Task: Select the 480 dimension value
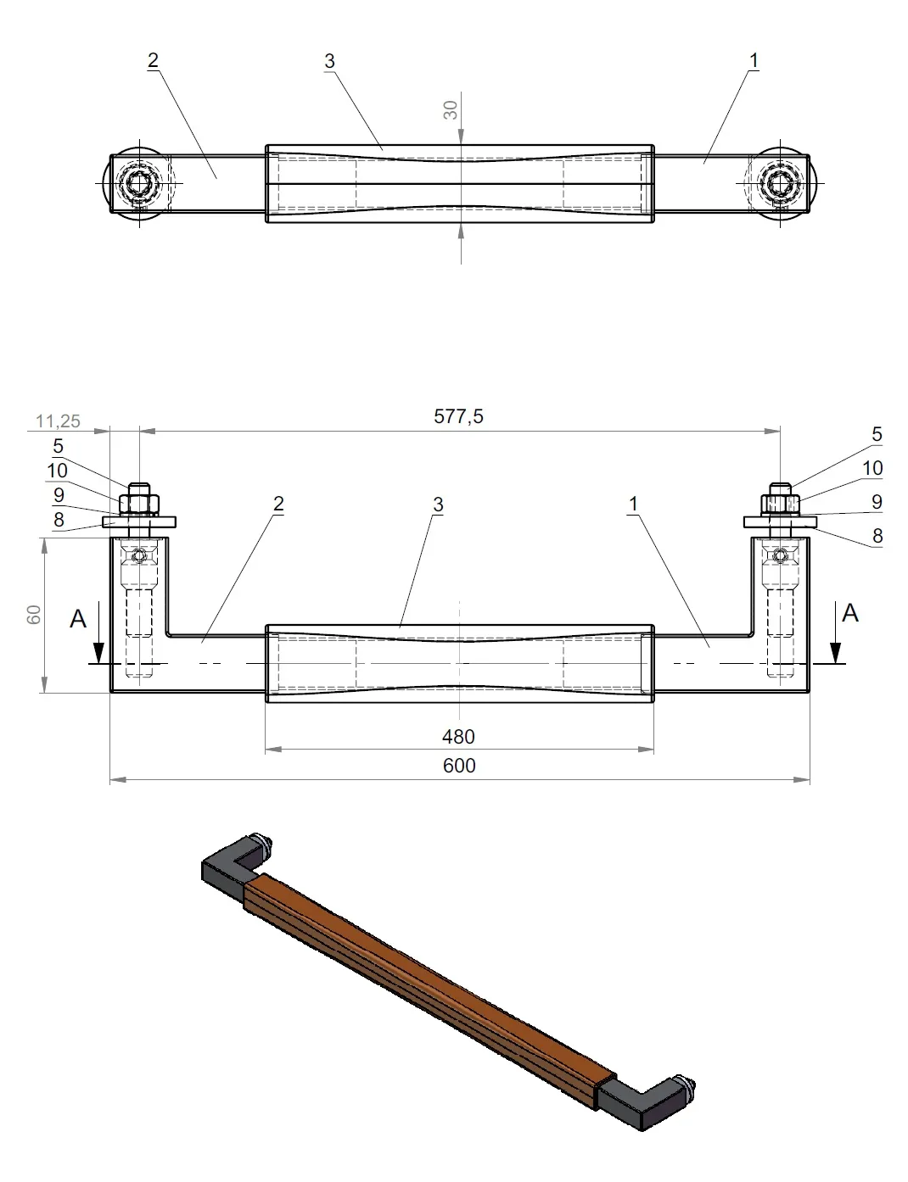(458, 737)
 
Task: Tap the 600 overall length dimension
(459, 766)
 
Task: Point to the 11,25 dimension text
(59, 421)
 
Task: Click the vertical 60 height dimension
(34, 615)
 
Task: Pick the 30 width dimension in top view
(451, 109)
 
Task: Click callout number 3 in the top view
(329, 61)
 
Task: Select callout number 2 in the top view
(153, 60)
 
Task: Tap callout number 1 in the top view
(754, 60)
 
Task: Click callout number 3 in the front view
(438, 505)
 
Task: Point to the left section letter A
(78, 619)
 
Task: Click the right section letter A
(850, 613)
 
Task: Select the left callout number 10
(57, 471)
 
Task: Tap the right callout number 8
(877, 535)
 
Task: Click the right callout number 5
(877, 434)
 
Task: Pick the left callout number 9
(59, 494)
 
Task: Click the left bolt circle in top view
(137, 182)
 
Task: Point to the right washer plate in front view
(780, 521)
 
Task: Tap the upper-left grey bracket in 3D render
(227, 867)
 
